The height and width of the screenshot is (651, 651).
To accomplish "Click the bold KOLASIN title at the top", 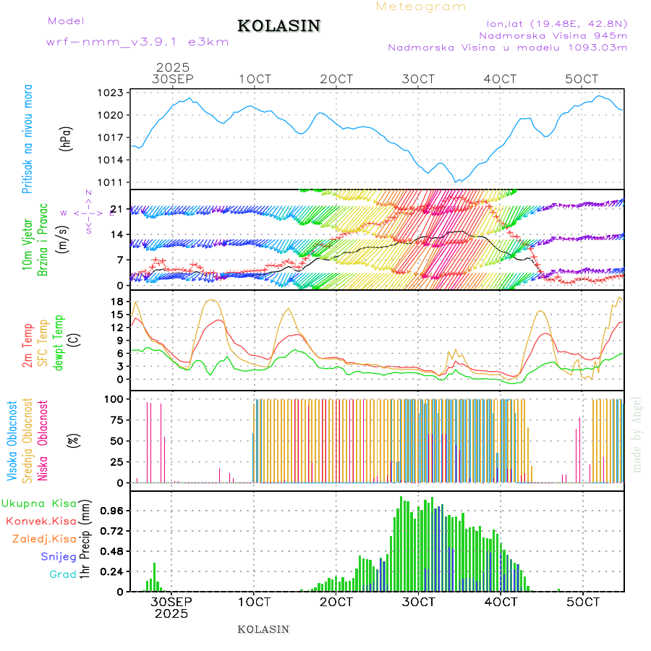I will tap(278, 26).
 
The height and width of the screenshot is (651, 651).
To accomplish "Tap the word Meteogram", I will tap(421, 7).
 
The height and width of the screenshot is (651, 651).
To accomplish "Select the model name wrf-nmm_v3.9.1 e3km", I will tap(137, 41).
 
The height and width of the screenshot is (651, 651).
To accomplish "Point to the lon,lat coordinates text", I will tap(556, 23).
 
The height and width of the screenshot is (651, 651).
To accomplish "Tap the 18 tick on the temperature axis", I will tap(116, 301).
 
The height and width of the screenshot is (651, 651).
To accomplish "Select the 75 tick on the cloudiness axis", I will tap(116, 420).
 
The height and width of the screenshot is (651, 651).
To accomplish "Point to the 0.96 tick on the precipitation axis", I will tap(112, 510).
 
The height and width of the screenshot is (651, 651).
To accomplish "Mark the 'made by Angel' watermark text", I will tap(637, 434).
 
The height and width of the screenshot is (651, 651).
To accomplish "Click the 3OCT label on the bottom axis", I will tap(419, 602).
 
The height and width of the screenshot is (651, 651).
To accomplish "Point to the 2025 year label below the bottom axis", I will tap(171, 613).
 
